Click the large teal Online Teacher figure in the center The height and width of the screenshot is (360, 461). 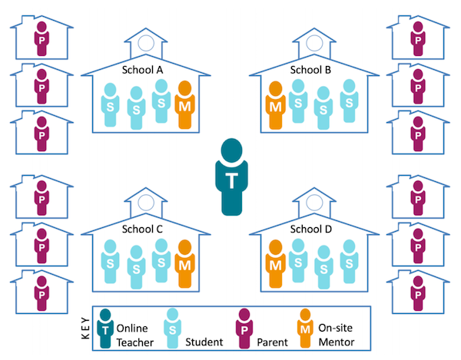coord(232,177)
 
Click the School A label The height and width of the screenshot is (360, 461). coord(142,70)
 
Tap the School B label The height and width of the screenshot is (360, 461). coord(310,70)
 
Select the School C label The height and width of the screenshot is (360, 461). coord(142,229)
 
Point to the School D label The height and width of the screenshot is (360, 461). coord(310,229)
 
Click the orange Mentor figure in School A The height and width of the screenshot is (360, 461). coord(185,105)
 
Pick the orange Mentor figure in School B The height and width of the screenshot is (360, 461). coord(276,105)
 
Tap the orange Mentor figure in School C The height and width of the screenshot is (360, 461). coord(185,264)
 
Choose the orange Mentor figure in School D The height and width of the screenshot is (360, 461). coord(276,264)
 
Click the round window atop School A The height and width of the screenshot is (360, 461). coord(146,43)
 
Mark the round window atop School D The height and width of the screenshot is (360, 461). coord(314,202)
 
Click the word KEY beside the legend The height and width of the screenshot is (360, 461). coord(85,328)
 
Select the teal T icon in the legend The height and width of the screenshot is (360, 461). coord(105,329)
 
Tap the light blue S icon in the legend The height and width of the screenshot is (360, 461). coord(173,329)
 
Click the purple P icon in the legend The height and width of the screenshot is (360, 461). coord(244,329)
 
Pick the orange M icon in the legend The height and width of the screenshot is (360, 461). coord(305,328)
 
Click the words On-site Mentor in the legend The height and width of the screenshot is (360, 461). coord(337,335)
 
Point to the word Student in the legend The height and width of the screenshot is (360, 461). coord(204,342)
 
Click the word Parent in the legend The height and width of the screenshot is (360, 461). coord(272,342)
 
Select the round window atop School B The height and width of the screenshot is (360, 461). coord(314,43)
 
